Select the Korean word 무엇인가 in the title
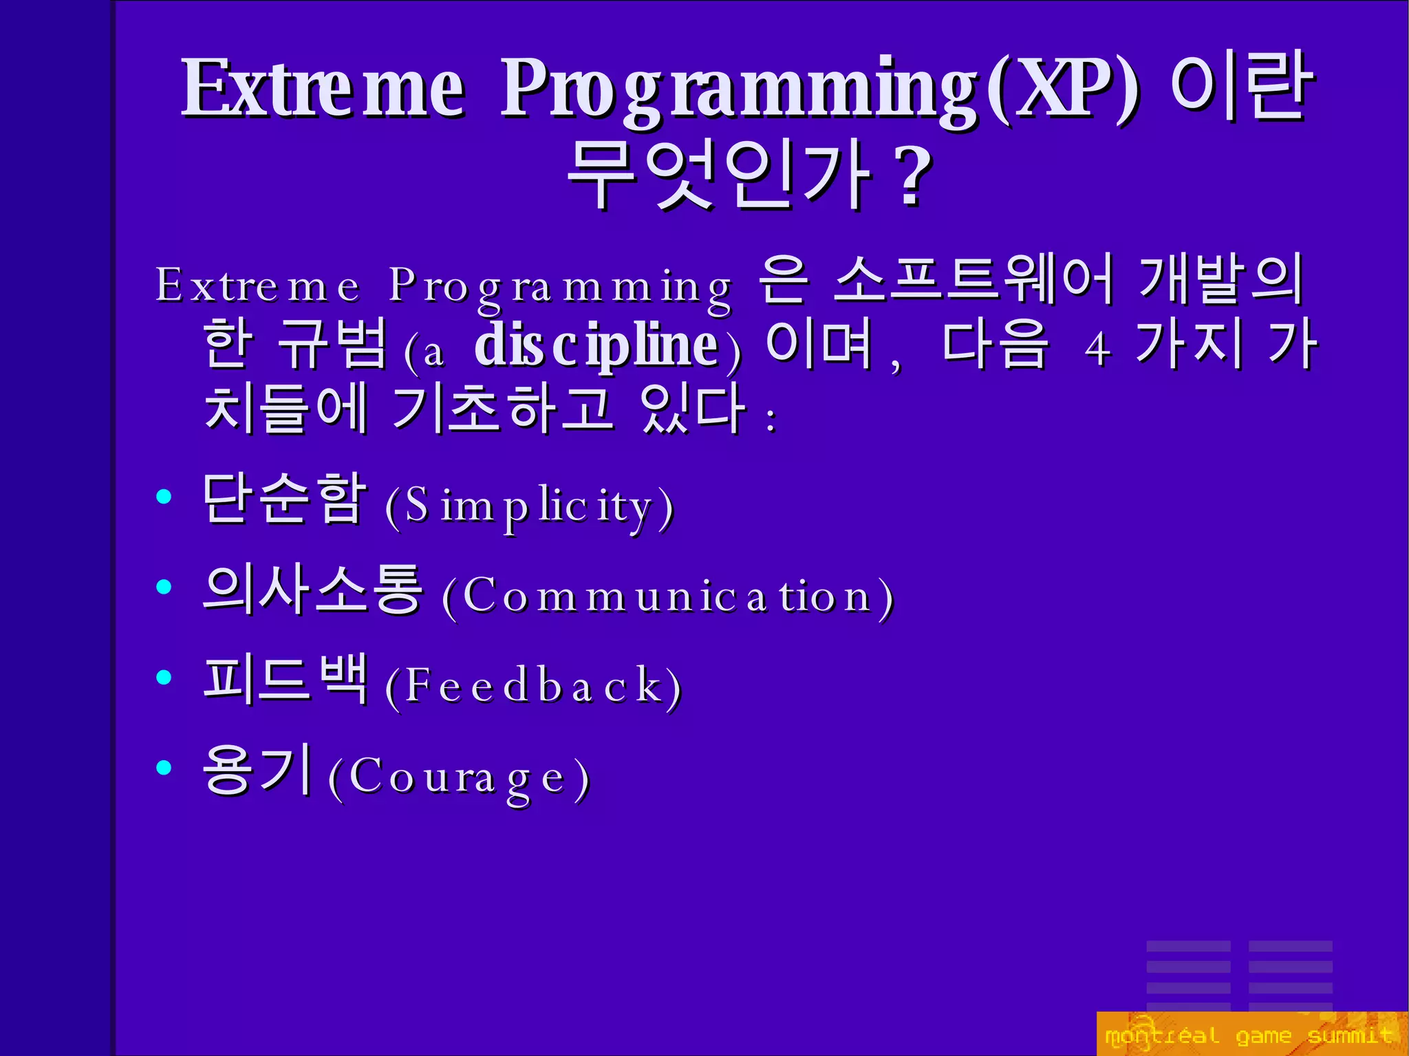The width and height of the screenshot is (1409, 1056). (719, 175)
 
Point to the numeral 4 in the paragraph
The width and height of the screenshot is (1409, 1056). (1097, 349)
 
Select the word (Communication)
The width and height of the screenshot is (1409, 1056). (668, 596)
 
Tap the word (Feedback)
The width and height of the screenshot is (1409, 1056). (533, 686)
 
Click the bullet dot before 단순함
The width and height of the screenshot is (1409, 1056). (164, 497)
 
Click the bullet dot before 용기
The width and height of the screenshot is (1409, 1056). (164, 767)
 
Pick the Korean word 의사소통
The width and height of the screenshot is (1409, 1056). (312, 590)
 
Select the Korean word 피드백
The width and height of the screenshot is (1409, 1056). (286, 679)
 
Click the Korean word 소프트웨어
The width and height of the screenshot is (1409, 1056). (973, 279)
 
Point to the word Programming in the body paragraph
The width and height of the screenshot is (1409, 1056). (561, 285)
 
